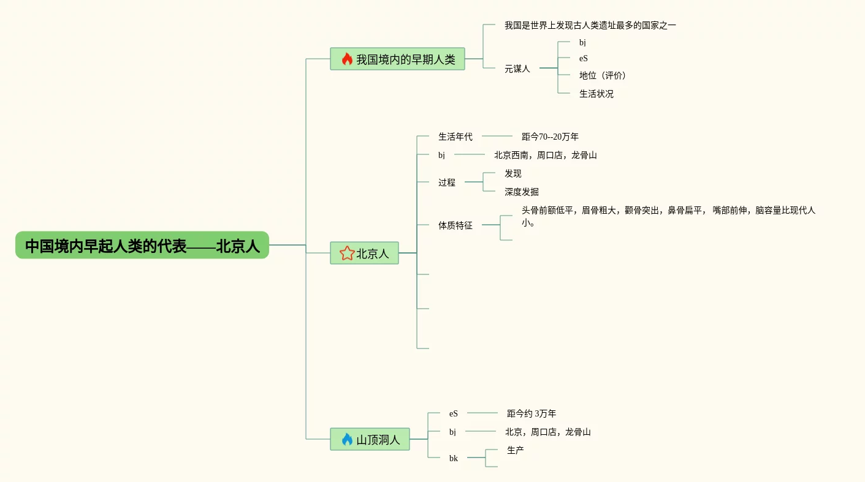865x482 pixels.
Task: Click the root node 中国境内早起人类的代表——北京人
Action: (x=142, y=246)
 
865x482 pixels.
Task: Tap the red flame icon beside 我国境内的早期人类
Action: (x=347, y=59)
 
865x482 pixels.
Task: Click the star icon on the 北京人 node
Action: (x=347, y=253)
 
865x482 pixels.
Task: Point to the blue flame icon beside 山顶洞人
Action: (x=347, y=439)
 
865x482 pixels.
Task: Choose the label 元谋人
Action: (x=517, y=69)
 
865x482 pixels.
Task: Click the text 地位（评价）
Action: (x=603, y=75)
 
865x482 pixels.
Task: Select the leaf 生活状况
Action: (x=596, y=94)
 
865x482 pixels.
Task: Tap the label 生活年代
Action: (x=455, y=137)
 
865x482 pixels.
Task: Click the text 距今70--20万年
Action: (x=550, y=137)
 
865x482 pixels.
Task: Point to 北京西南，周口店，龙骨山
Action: (x=545, y=155)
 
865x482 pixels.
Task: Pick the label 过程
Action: (x=446, y=182)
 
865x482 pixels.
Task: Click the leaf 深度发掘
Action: (x=521, y=192)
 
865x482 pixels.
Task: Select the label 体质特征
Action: (x=455, y=225)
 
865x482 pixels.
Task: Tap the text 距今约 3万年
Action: (x=531, y=413)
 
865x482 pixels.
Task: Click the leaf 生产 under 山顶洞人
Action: (x=515, y=450)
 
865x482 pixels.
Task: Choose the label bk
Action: (x=453, y=458)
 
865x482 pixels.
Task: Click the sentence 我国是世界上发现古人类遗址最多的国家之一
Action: (x=590, y=25)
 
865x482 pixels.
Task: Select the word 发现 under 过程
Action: (x=513, y=173)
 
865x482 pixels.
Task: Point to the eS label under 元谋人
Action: (x=583, y=58)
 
